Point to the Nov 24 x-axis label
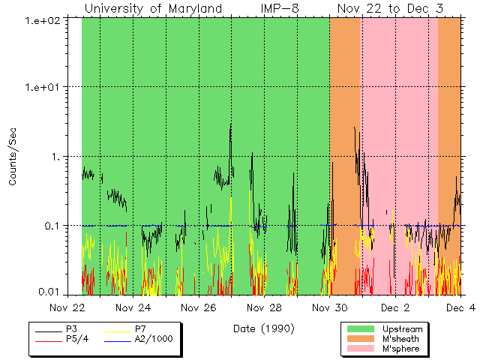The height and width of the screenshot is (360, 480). pyautogui.click(x=133, y=307)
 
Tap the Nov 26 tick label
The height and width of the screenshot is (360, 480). pyautogui.click(x=199, y=307)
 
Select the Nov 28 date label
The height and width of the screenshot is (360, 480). pyautogui.click(x=264, y=307)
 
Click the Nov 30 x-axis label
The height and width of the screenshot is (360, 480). pyautogui.click(x=330, y=307)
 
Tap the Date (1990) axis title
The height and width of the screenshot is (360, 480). pyautogui.click(x=263, y=328)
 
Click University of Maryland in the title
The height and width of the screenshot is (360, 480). pyautogui.click(x=153, y=9)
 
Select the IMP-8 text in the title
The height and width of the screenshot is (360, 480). pyautogui.click(x=280, y=9)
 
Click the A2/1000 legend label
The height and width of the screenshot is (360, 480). pyautogui.click(x=154, y=339)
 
